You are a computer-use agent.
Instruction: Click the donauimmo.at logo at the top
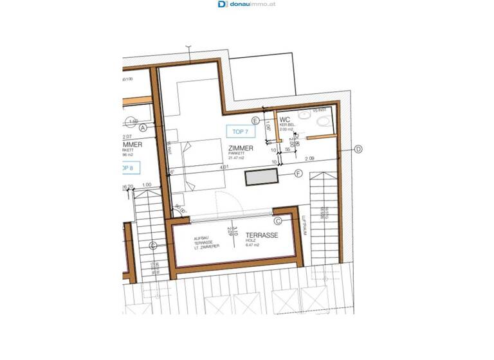pos(246,4)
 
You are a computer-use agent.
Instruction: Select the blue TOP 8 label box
pos(130,168)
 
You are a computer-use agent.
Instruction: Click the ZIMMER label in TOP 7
pos(241,148)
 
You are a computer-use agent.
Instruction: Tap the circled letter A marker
pos(143,128)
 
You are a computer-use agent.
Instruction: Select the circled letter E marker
pos(255,120)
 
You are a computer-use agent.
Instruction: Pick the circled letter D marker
pos(358,149)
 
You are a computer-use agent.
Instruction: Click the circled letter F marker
pos(298,174)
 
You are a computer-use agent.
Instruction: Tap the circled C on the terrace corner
pos(278,221)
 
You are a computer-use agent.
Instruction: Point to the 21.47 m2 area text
pos(238,159)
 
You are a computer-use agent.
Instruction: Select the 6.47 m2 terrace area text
pos(253,245)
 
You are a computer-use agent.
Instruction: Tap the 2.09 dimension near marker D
pos(309,158)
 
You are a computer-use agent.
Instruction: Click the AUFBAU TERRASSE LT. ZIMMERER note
pos(207,242)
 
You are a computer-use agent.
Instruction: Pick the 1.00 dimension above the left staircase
pos(147,186)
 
